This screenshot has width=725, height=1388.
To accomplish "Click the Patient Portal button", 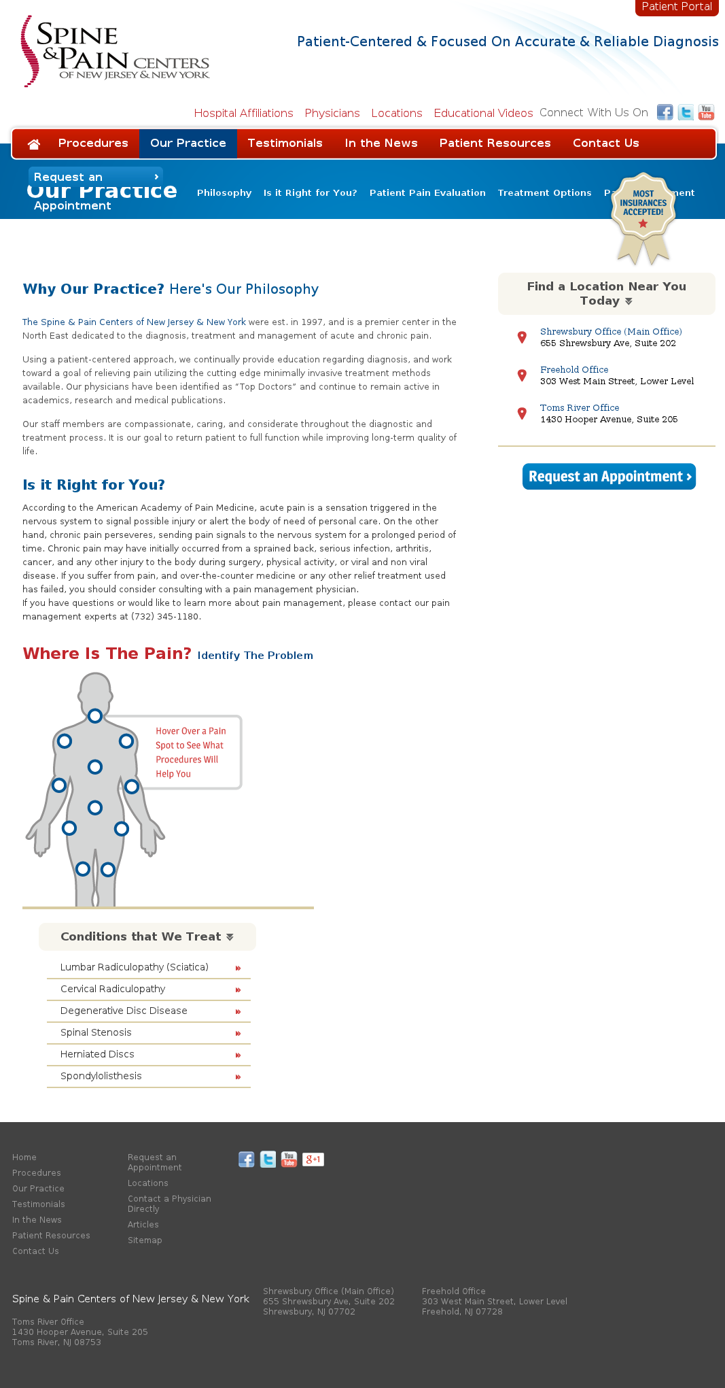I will [x=676, y=7].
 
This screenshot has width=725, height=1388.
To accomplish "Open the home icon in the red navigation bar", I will [x=33, y=143].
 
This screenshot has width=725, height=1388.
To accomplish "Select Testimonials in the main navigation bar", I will [x=285, y=143].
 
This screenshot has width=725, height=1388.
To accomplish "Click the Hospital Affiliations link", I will [x=243, y=113].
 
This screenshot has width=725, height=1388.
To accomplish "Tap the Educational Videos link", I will [x=483, y=113].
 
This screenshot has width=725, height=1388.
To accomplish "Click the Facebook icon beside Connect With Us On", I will [x=665, y=112].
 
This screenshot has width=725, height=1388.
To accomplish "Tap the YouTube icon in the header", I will [x=706, y=112].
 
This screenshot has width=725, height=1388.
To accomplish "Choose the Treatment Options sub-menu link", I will [x=544, y=193].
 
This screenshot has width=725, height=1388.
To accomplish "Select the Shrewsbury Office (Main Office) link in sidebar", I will [x=611, y=332].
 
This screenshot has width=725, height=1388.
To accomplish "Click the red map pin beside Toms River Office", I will [x=522, y=413].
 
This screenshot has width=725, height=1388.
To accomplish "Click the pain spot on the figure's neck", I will [x=95, y=715].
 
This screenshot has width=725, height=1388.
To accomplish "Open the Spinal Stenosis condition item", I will [x=96, y=1032].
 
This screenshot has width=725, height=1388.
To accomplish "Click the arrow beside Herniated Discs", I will [x=238, y=1055].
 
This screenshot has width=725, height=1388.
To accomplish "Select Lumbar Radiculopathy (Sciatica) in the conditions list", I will [x=135, y=967].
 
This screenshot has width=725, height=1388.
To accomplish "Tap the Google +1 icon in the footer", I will [x=313, y=1160].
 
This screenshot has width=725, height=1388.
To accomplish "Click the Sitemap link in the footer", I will [x=145, y=1240].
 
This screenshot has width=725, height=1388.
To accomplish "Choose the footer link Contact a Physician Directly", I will [x=169, y=1204].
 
